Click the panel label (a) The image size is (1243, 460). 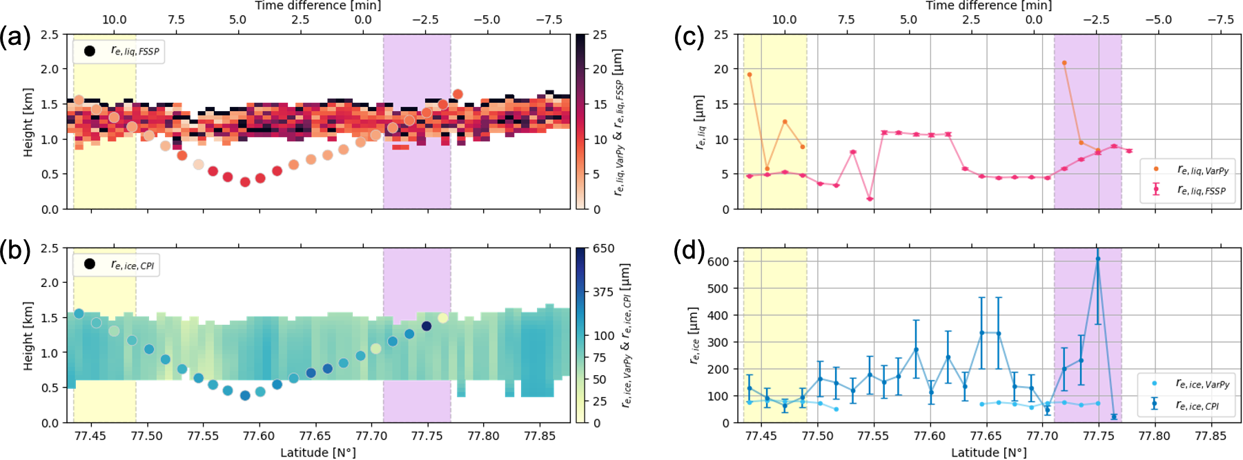tap(15, 37)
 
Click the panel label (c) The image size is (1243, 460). tap(688, 37)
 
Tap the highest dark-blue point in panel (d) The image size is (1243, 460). tap(1097, 259)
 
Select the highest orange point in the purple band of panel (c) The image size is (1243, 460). tap(1064, 63)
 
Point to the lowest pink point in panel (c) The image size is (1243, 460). tap(870, 199)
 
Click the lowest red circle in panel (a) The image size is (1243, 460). tap(245, 182)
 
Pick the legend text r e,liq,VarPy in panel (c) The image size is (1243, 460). tap(1203, 170)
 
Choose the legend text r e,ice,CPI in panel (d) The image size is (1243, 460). tap(1197, 405)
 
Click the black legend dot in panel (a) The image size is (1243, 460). tap(90, 51)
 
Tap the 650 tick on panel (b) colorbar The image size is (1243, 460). tap(603, 248)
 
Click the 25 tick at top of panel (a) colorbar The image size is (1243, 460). tap(600, 34)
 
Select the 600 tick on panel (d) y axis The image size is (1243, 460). tap(718, 261)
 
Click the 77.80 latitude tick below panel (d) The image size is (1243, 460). tap(1154, 436)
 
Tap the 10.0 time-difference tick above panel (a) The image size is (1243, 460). tap(115, 19)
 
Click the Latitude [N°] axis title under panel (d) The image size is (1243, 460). tap(988, 452)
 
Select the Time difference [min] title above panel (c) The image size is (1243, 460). tap(988, 6)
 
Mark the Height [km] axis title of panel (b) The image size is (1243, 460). tap(28, 336)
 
